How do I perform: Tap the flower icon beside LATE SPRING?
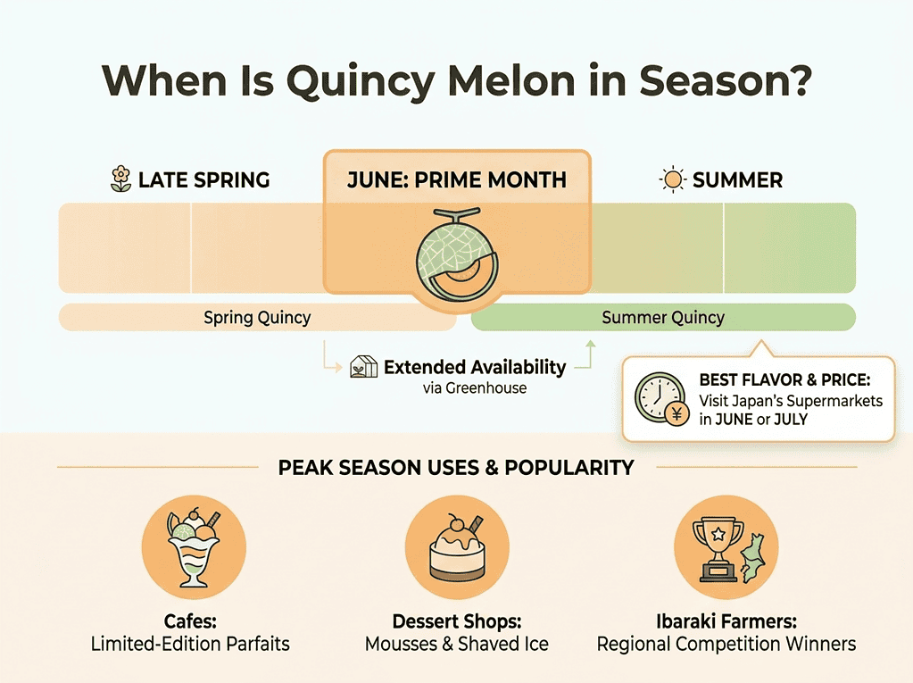[120, 179]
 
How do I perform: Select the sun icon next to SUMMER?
[671, 179]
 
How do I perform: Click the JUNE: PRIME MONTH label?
[456, 179]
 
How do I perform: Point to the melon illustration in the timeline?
[456, 256]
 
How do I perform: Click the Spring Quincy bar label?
[257, 317]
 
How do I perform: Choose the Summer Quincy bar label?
[663, 317]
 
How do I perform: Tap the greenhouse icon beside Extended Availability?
[362, 367]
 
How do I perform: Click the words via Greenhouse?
[475, 387]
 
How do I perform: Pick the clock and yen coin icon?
[660, 398]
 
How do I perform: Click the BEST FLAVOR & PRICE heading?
[784, 381]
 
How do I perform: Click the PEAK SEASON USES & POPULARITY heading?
[456, 467]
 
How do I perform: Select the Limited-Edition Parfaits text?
[190, 643]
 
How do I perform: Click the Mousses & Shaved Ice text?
[456, 643]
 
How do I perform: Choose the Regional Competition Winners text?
[726, 643]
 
